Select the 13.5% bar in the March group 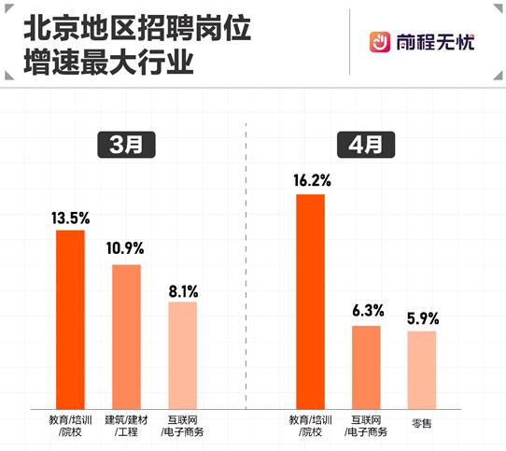[x=71, y=317]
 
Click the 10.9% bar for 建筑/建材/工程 [x=127, y=335]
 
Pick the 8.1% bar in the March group [x=183, y=354]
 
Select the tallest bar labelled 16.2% [x=310, y=300]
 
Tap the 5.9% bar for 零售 [x=422, y=369]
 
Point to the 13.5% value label [x=71, y=218]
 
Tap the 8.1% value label [x=183, y=289]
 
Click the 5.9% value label [x=422, y=318]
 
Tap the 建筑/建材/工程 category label [x=127, y=426]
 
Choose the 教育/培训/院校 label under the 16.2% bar [x=310, y=426]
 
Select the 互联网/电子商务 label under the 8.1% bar [x=183, y=426]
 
